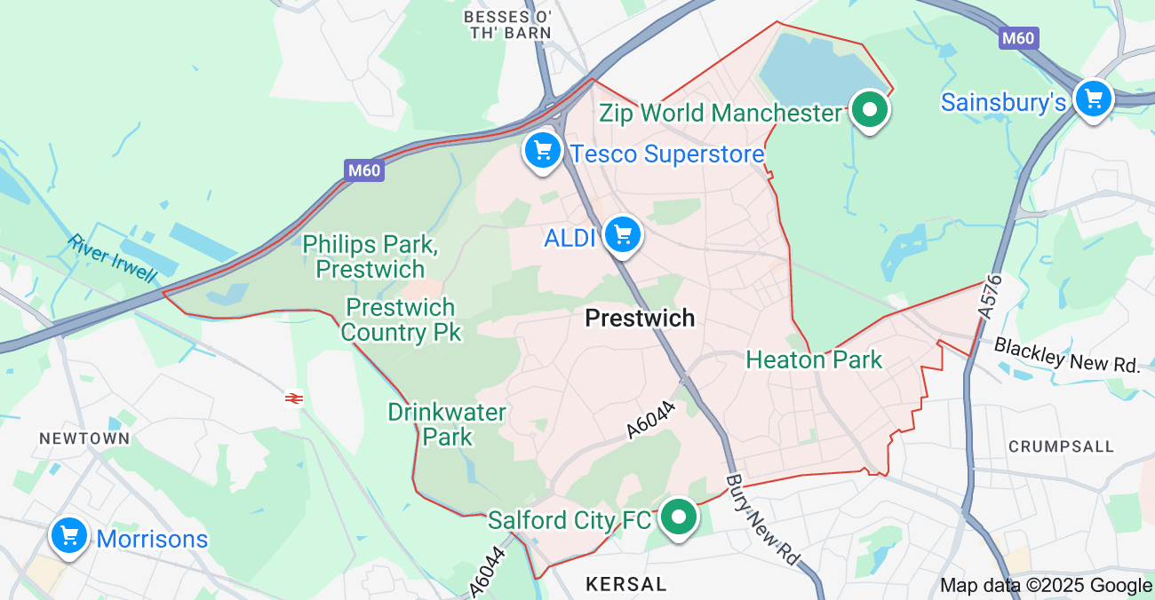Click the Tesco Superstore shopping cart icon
tap(543, 151)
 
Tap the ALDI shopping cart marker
tap(623, 235)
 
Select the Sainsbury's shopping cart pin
tap(1093, 99)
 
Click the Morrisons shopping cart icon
tap(68, 536)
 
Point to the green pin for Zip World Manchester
tap(870, 110)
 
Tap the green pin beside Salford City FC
tap(680, 517)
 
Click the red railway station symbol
tap(294, 399)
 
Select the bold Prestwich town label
tap(640, 319)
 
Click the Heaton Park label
tap(814, 359)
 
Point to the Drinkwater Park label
tap(447, 424)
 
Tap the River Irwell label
tap(111, 258)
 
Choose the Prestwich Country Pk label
tap(401, 320)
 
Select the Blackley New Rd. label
tap(1066, 354)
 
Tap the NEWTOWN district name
tap(84, 438)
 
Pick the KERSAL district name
tap(626, 584)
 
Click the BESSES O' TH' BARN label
tap(508, 25)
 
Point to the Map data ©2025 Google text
tap(1046, 586)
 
